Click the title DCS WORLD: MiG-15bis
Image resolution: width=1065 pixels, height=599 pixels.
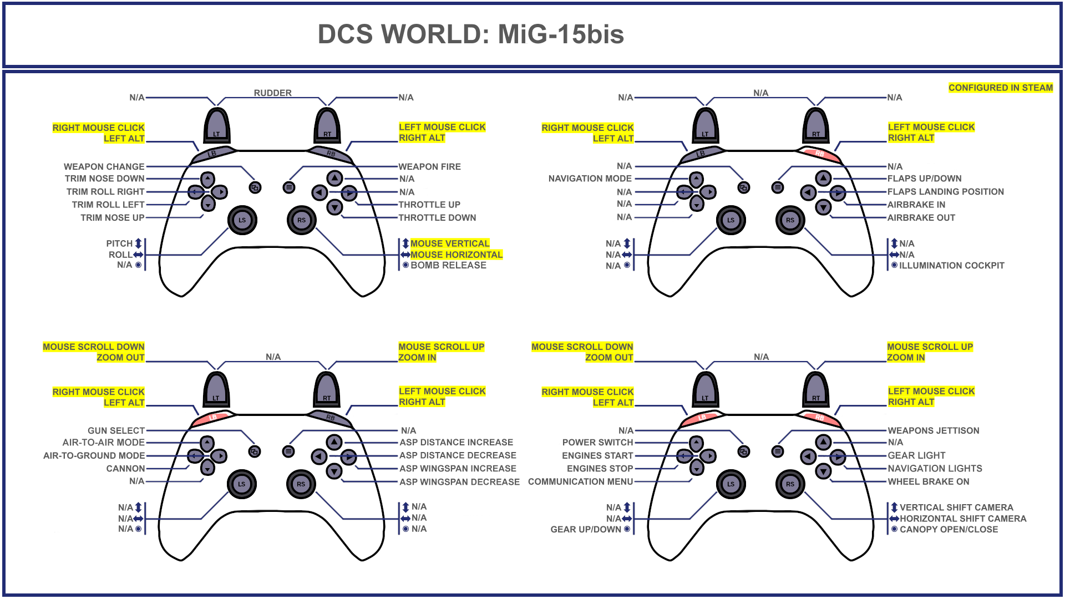pos(470,34)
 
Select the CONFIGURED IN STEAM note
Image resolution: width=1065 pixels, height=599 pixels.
pos(1000,88)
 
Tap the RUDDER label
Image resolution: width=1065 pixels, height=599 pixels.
pos(272,93)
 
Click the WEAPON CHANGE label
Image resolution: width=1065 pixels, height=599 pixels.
pos(104,166)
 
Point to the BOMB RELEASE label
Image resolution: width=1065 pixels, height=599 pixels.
pos(448,265)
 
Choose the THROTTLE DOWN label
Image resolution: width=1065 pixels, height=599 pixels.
pos(437,217)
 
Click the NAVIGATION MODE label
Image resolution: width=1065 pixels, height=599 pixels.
pos(590,179)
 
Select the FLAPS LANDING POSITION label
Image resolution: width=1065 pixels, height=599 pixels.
pos(945,191)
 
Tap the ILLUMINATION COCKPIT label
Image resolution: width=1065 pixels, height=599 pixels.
pos(951,266)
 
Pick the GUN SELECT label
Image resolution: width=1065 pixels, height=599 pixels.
pos(116,430)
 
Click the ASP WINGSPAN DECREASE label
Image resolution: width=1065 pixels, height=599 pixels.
pos(459,482)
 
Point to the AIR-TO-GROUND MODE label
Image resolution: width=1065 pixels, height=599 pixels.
pos(94,455)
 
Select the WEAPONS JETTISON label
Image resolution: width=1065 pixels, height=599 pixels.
pos(933,430)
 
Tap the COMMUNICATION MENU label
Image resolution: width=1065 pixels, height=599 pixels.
pos(580,481)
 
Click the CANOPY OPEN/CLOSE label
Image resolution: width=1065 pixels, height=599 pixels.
pos(949,529)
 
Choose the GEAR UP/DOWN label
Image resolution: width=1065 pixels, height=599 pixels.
pos(586,529)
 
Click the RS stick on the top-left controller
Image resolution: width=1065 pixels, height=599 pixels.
pos(301,220)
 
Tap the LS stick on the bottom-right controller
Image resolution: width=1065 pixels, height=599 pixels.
pos(731,484)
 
